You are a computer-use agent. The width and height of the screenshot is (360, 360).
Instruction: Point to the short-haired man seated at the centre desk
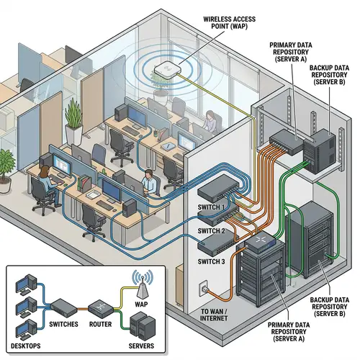click(148, 182)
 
